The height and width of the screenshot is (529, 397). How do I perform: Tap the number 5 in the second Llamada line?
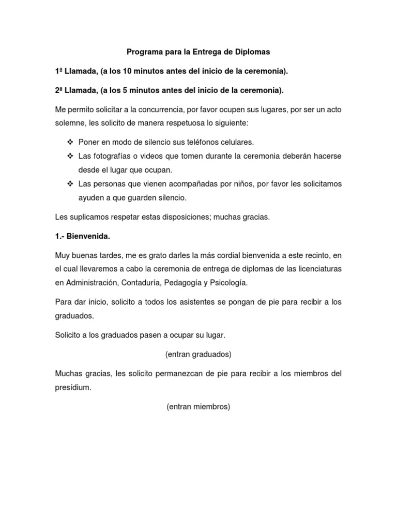point(126,90)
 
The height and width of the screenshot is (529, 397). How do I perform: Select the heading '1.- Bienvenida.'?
point(82,236)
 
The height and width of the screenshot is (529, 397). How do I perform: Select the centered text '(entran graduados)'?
point(198,354)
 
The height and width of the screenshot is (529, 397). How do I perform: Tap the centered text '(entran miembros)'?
point(198,407)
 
